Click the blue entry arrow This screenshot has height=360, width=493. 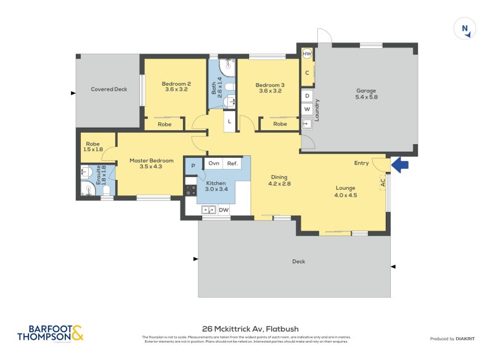point(401,165)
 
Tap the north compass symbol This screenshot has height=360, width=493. point(465,29)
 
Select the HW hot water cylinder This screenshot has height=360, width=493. point(307,55)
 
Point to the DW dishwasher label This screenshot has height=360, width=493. point(224,210)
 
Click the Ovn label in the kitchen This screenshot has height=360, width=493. point(214,163)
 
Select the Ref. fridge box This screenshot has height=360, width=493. point(232,163)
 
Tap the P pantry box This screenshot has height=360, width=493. point(193,165)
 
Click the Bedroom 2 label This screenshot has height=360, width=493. point(176,84)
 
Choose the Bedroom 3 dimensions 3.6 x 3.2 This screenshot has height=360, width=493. point(269,91)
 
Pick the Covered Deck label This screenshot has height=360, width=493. point(109,89)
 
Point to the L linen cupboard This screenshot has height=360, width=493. point(229,121)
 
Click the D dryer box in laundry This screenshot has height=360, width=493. point(307,96)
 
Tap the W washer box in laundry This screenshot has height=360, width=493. point(307,110)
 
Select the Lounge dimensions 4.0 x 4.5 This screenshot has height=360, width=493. point(345,195)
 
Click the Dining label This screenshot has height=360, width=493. point(279,177)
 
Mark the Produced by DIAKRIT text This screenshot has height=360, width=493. point(455,339)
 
